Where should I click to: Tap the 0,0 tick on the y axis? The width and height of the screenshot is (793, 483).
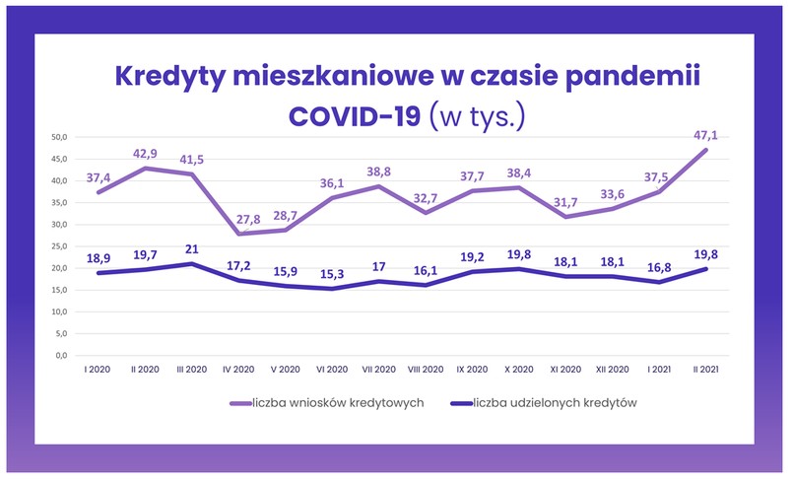60,355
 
